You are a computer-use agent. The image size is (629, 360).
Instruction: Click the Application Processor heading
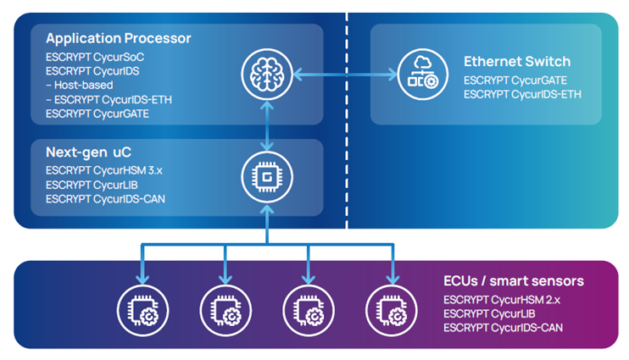click(x=118, y=38)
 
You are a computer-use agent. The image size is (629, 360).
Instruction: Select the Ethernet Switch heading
click(x=516, y=62)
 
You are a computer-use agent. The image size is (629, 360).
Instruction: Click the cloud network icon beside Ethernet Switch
click(x=422, y=75)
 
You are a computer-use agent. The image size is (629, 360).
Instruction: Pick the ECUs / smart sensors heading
click(x=514, y=281)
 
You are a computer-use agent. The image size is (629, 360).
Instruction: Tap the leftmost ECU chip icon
click(x=144, y=308)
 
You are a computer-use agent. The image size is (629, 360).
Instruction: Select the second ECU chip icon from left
click(x=226, y=308)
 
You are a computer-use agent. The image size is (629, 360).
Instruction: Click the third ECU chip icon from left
click(x=309, y=308)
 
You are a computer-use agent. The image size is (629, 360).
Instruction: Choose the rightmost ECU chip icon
click(x=391, y=308)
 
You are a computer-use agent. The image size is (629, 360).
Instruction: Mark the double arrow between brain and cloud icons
click(x=344, y=75)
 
